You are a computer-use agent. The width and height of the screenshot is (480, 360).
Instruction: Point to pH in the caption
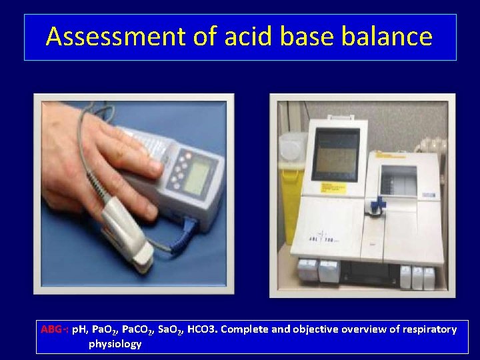pyautogui.click(x=81, y=329)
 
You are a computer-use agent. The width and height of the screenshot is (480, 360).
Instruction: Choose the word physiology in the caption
pyautogui.click(x=115, y=344)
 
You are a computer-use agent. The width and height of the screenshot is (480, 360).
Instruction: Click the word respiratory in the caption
pyautogui.click(x=427, y=329)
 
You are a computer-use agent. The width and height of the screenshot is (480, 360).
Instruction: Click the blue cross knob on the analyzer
pyautogui.click(x=379, y=204)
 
